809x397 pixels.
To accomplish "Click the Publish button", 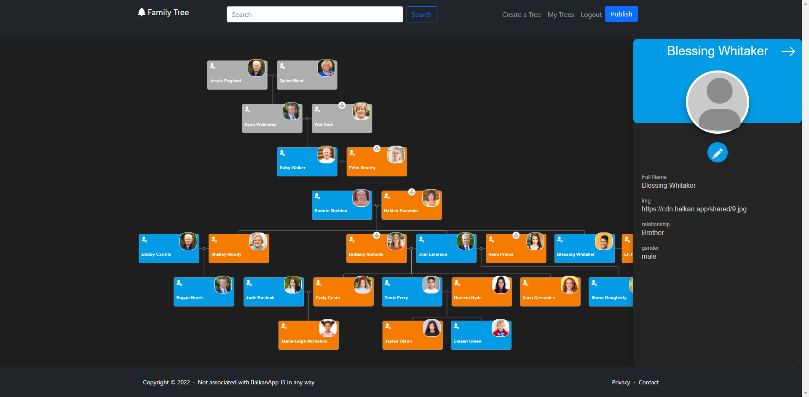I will (621, 14).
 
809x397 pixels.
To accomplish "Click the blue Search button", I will (421, 14).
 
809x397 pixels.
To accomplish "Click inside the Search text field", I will (314, 14).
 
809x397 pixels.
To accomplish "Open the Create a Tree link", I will (521, 15).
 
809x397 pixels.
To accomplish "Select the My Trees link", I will (560, 15).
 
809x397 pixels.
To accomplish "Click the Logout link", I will (591, 15).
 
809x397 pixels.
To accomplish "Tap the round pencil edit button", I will (717, 152).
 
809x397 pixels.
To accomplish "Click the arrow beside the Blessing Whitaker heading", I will (788, 51).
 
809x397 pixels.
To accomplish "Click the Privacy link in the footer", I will (621, 382).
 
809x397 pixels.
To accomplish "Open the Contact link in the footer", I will (648, 382).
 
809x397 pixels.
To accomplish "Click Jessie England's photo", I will (256, 68).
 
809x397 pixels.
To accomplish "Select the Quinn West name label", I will (291, 81).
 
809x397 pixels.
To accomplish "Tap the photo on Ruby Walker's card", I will (326, 155).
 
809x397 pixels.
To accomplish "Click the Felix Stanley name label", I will (362, 168).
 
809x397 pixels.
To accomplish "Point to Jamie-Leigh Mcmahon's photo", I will (327, 328).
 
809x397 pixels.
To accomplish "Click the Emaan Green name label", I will (467, 341).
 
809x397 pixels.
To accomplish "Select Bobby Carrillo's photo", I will (188, 242).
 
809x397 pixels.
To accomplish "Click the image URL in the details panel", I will (694, 209).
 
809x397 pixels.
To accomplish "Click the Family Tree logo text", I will (168, 13).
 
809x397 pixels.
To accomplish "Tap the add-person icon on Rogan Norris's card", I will (179, 283).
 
